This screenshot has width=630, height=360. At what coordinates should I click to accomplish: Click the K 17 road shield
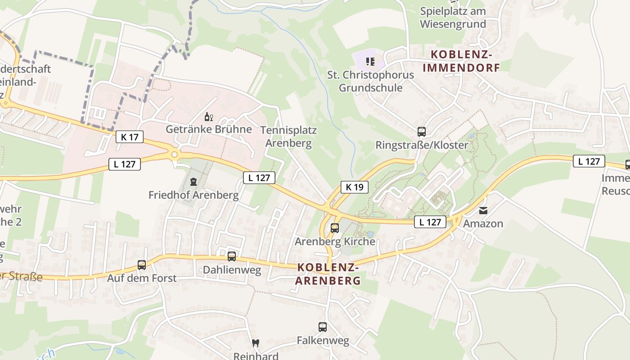[130, 137]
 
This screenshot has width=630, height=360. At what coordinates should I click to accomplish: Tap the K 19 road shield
[355, 187]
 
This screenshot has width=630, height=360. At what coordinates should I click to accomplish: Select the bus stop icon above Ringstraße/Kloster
[422, 132]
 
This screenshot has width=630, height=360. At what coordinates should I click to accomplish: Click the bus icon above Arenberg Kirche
[335, 228]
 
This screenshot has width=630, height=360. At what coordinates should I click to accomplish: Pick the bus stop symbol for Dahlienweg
[232, 256]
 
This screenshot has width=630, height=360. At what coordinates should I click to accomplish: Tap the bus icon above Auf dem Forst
[142, 265]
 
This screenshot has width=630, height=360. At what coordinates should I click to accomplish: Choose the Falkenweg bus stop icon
[323, 327]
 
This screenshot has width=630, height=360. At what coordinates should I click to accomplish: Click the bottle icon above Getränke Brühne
[209, 117]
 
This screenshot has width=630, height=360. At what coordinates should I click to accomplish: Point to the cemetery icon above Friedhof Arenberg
[193, 182]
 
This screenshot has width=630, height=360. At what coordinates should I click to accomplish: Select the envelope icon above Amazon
[483, 210]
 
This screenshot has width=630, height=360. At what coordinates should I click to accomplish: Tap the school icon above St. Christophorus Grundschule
[370, 61]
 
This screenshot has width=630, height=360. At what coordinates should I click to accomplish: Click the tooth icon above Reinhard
[256, 343]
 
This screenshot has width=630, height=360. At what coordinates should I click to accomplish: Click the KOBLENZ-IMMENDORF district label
[461, 61]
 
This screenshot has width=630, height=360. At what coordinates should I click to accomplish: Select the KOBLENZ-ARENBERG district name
[328, 274]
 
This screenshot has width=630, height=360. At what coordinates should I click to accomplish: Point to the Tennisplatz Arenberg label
[288, 137]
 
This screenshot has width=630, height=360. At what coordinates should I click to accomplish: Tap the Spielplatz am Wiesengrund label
[453, 17]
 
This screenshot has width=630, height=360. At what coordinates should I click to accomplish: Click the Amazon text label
[483, 224]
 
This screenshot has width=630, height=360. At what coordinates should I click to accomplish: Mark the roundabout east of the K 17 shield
[175, 155]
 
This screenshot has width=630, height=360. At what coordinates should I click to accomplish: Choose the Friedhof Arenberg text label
[193, 195]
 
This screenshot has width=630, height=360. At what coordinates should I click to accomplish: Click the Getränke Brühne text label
[209, 130]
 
